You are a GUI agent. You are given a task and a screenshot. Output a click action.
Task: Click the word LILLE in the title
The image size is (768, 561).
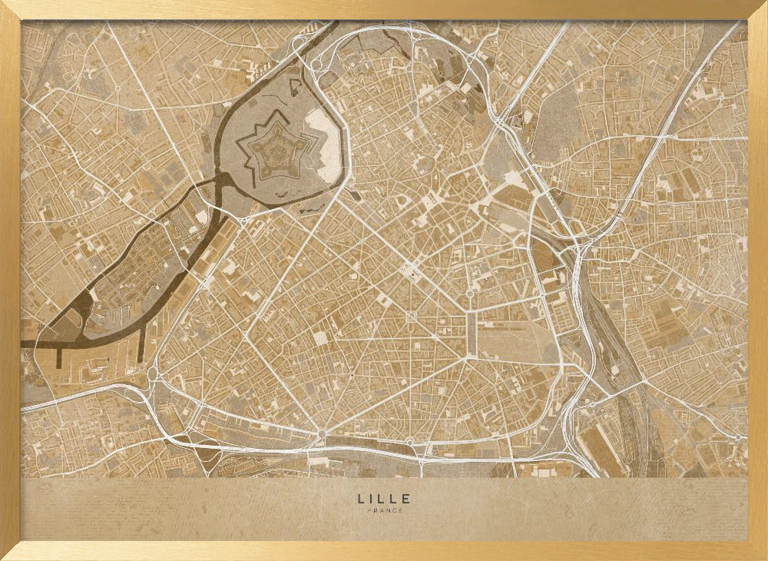click(x=384, y=499)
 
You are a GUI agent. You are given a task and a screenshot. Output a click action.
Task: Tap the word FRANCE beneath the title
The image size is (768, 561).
click(x=384, y=510)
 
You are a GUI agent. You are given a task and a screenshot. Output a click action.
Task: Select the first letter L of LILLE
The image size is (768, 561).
click(x=360, y=499)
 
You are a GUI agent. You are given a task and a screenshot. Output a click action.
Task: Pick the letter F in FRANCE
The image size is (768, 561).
click(x=369, y=510)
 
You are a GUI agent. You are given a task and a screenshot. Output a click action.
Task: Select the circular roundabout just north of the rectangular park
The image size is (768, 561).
click(x=469, y=293)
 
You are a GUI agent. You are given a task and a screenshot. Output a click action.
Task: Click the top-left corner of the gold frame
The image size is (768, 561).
click(x=5, y=5)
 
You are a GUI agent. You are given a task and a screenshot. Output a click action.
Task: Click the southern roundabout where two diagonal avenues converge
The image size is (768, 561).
click(x=321, y=435)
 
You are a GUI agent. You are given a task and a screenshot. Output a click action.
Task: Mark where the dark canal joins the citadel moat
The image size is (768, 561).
click(x=223, y=180)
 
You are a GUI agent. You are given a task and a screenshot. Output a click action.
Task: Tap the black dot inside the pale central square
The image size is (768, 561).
click(x=412, y=271)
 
